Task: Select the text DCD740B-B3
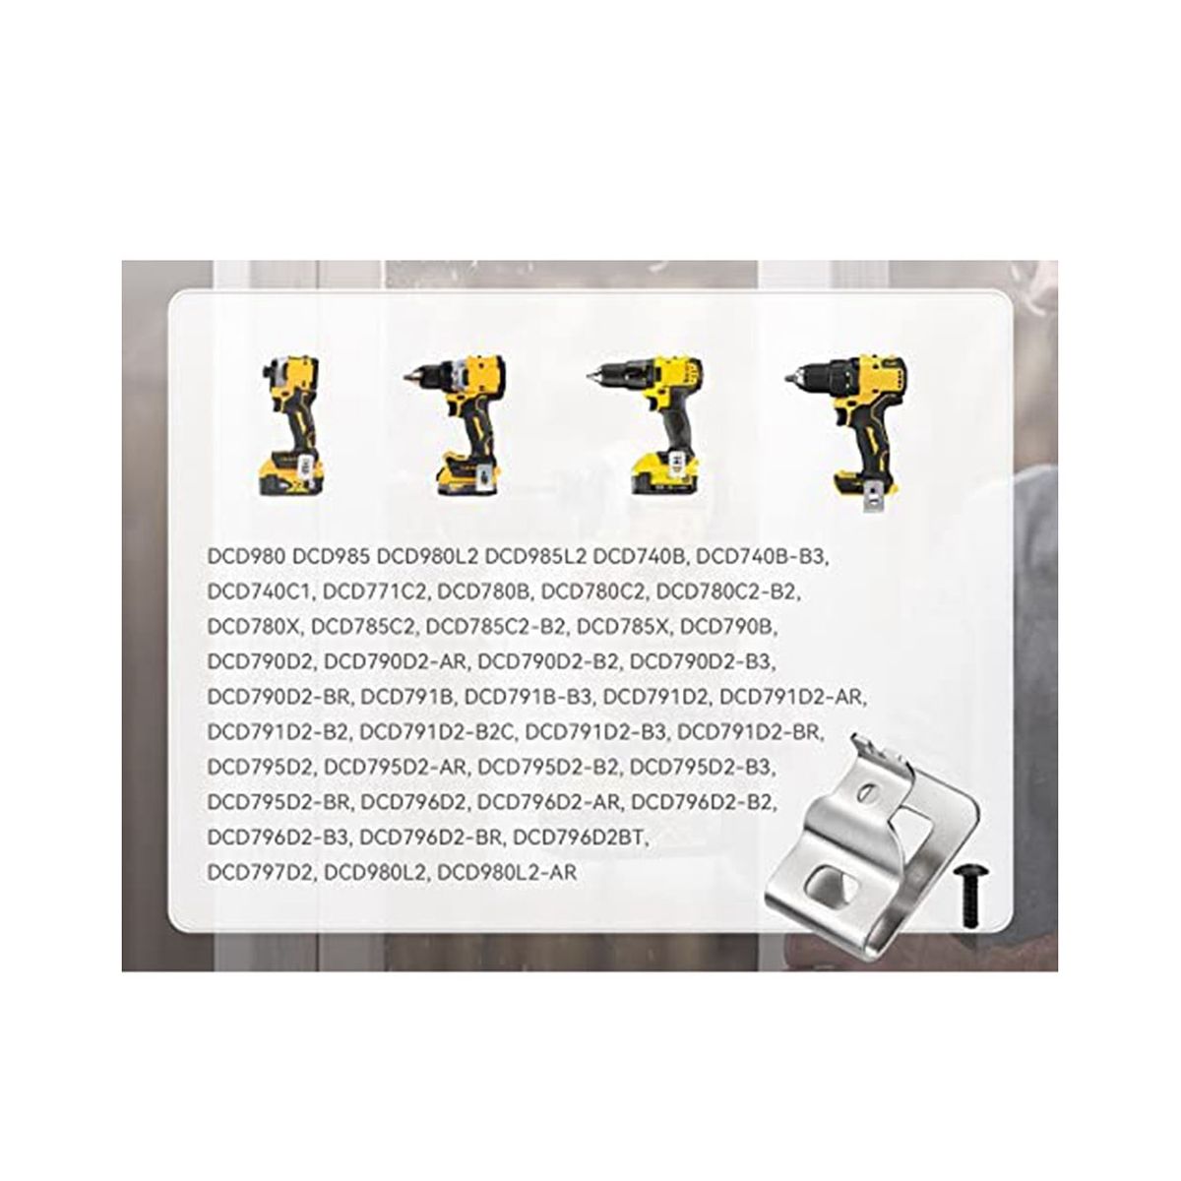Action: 762,557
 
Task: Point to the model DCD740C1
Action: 260,591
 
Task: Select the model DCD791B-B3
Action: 528,697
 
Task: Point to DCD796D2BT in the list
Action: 580,838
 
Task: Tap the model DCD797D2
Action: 260,872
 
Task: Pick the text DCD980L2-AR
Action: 508,872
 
